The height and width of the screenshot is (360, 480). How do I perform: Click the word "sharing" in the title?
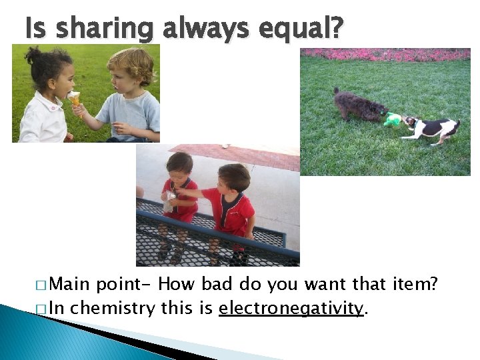click(x=105, y=29)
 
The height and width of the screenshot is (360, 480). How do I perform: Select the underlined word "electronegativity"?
click(x=292, y=309)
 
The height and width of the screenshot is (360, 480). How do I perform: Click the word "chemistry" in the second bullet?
click(x=113, y=309)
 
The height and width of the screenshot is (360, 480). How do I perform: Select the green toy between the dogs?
click(x=393, y=119)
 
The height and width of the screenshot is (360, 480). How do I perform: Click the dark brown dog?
click(x=359, y=106)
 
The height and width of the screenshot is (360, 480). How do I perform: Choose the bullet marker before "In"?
click(x=41, y=309)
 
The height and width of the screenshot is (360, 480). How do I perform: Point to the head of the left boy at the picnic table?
click(x=179, y=165)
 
